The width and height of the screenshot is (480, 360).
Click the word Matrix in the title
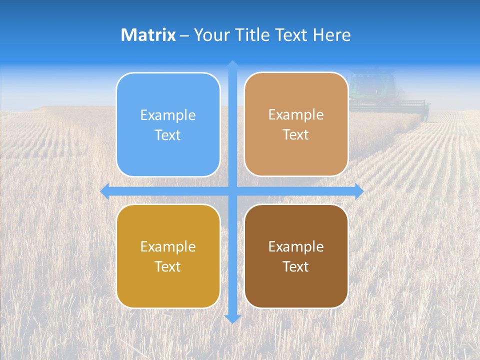pyautogui.click(x=148, y=35)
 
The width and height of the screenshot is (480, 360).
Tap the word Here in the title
pyautogui.click(x=331, y=35)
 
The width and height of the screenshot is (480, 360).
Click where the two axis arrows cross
pyautogui.click(x=232, y=191)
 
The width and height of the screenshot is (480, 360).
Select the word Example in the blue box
pyautogui.click(x=168, y=115)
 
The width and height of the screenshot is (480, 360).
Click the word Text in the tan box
pyautogui.click(x=296, y=135)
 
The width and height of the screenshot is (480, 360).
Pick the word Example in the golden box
pyautogui.click(x=168, y=246)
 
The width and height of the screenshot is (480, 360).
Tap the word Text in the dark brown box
pyautogui.click(x=296, y=266)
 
